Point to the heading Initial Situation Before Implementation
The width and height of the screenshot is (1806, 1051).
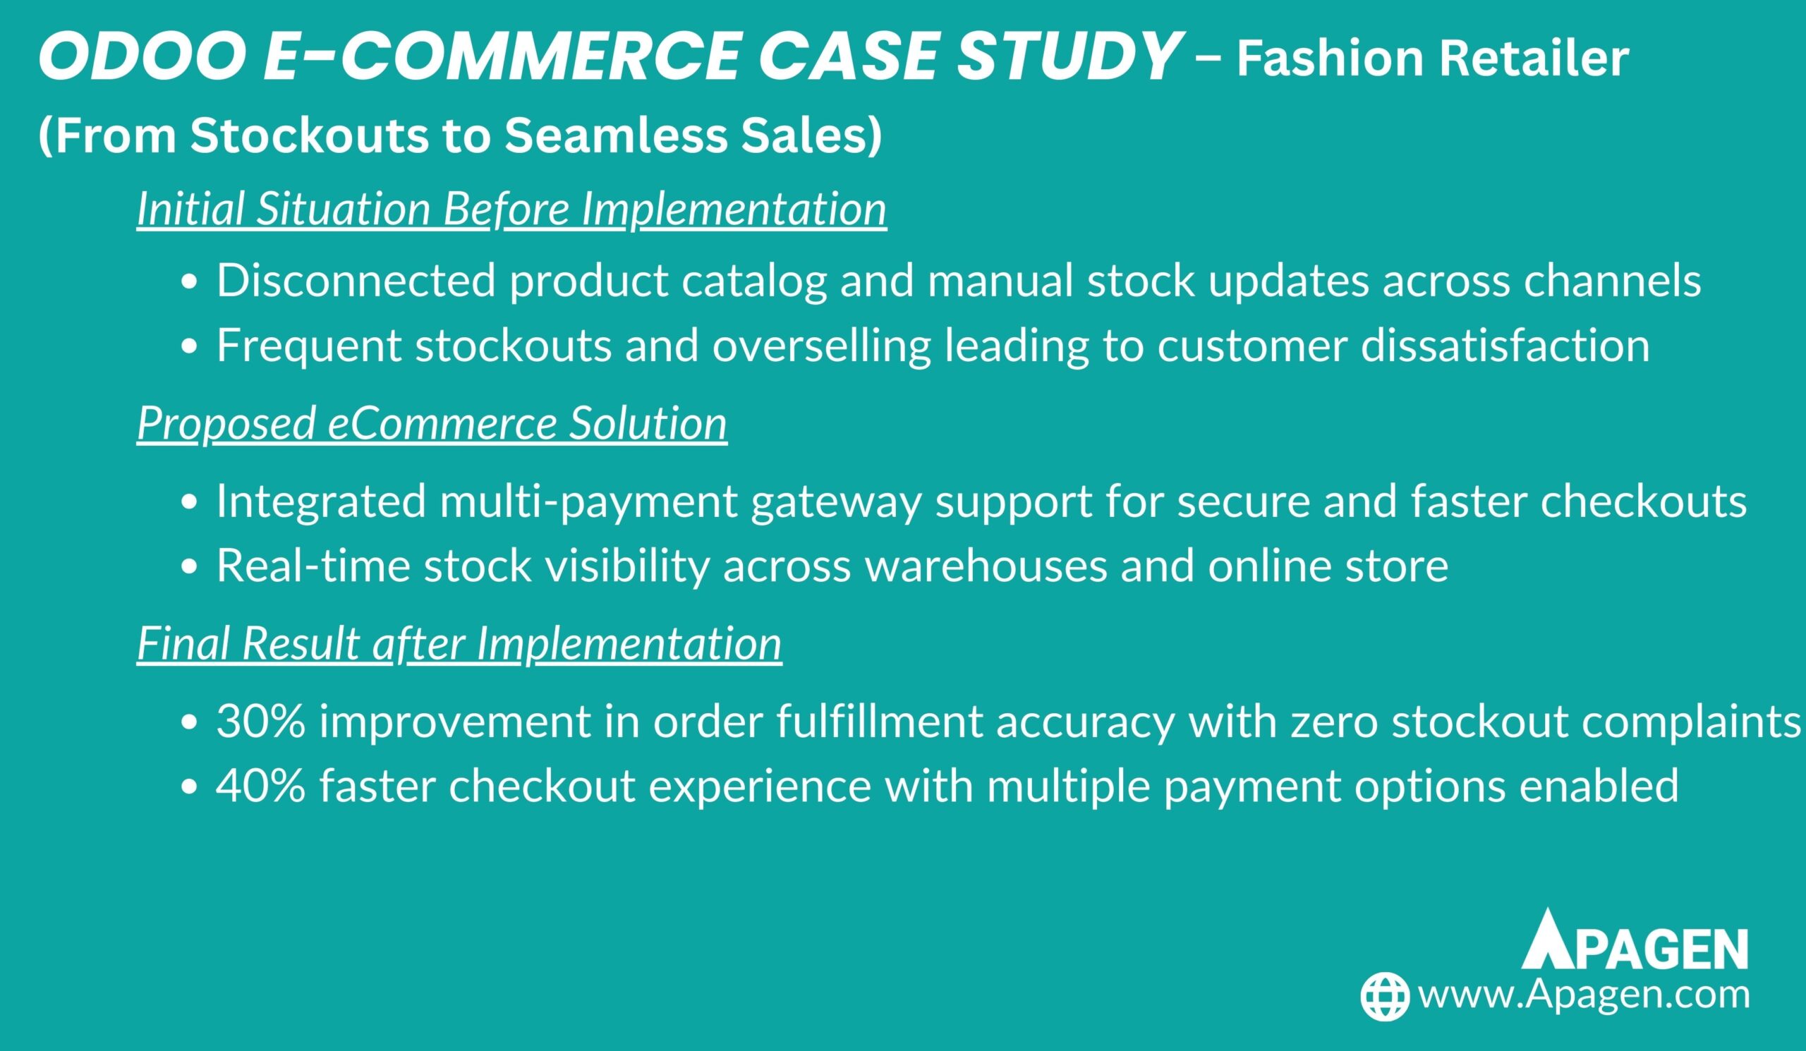(x=511, y=209)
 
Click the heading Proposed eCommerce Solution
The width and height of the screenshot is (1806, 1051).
(x=432, y=423)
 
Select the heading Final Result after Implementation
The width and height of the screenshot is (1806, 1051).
(x=459, y=643)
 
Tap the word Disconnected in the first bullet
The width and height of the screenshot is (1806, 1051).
(x=356, y=280)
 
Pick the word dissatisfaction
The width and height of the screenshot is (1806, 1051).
(x=1505, y=346)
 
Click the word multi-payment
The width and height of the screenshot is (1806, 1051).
(x=588, y=501)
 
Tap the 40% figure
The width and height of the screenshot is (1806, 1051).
(x=261, y=785)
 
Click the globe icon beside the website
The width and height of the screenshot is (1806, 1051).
(x=1385, y=997)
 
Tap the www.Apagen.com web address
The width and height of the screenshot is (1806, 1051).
(x=1584, y=997)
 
